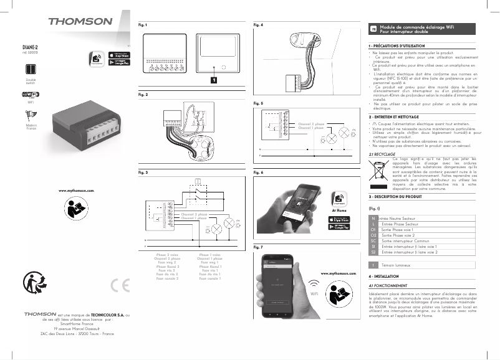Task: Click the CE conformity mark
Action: point(118,285)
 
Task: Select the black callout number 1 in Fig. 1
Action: point(213,80)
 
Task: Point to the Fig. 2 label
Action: point(143,95)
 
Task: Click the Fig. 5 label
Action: point(258,102)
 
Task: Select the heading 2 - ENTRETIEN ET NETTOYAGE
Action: point(399,116)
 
